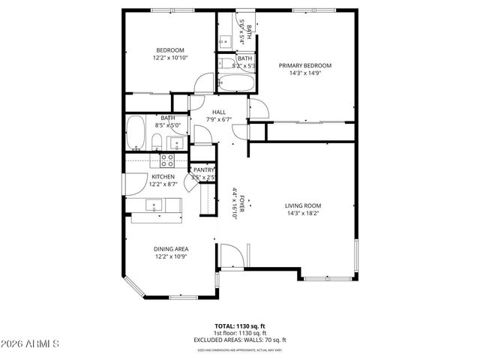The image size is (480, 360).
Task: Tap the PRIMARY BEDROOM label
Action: click(x=305, y=66)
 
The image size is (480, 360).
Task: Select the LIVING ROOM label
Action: click(x=303, y=205)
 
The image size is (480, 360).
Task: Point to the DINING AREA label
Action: click(x=171, y=249)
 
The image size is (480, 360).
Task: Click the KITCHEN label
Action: click(x=163, y=177)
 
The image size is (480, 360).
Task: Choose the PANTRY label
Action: click(x=203, y=170)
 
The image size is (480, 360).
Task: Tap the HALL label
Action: click(x=219, y=112)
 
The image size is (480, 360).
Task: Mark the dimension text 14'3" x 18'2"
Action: click(x=303, y=213)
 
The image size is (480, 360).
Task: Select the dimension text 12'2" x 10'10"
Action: click(x=170, y=58)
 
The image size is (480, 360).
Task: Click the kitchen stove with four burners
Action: click(x=166, y=160)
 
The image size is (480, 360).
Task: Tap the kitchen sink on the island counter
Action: click(x=154, y=205)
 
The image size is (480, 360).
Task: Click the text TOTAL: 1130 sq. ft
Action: click(x=239, y=326)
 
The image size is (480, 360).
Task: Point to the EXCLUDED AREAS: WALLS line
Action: click(x=239, y=340)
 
